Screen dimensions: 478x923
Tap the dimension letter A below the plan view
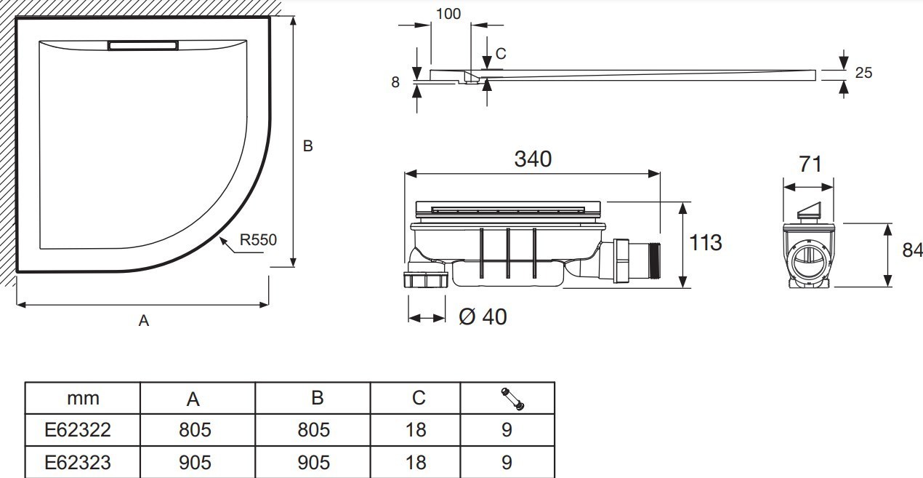(x=144, y=320)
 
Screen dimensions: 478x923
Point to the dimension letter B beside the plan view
(x=307, y=146)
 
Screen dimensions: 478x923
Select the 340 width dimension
(x=533, y=159)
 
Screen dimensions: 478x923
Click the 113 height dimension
(x=705, y=242)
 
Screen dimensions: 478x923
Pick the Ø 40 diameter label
(x=483, y=316)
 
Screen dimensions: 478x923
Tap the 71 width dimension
(x=810, y=164)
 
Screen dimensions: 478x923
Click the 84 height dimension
(x=912, y=250)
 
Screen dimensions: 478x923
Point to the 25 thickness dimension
(x=863, y=73)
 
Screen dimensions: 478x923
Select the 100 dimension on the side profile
(x=448, y=14)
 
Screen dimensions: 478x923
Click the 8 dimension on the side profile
(x=395, y=82)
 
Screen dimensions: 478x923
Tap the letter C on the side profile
(x=501, y=53)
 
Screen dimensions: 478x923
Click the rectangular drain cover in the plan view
(x=143, y=45)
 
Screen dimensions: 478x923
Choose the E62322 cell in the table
(x=82, y=429)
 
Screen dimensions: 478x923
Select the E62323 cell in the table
(x=82, y=462)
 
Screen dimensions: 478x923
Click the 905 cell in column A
(x=195, y=462)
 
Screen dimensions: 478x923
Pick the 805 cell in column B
(x=313, y=429)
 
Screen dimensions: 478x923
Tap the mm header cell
(x=82, y=398)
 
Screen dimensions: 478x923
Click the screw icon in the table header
(x=512, y=398)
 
